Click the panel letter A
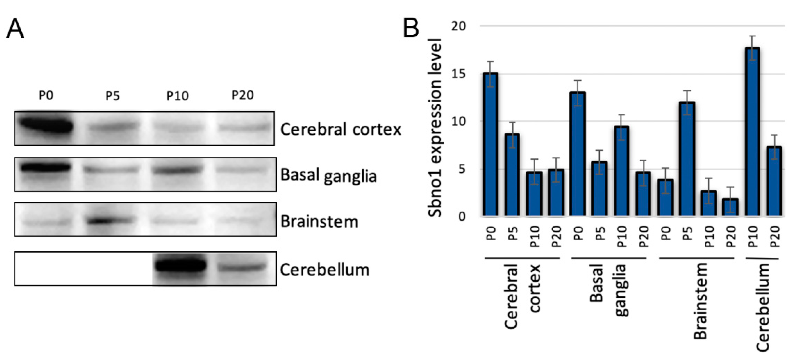15,29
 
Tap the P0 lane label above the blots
46,96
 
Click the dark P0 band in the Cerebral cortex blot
46,126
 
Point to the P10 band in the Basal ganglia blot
178,170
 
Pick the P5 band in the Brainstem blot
109,220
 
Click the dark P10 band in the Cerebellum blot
180,266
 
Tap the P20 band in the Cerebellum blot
242,267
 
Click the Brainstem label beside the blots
319,222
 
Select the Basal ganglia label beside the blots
328,176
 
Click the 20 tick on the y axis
458,26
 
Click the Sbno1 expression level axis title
435,128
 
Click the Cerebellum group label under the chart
763,308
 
